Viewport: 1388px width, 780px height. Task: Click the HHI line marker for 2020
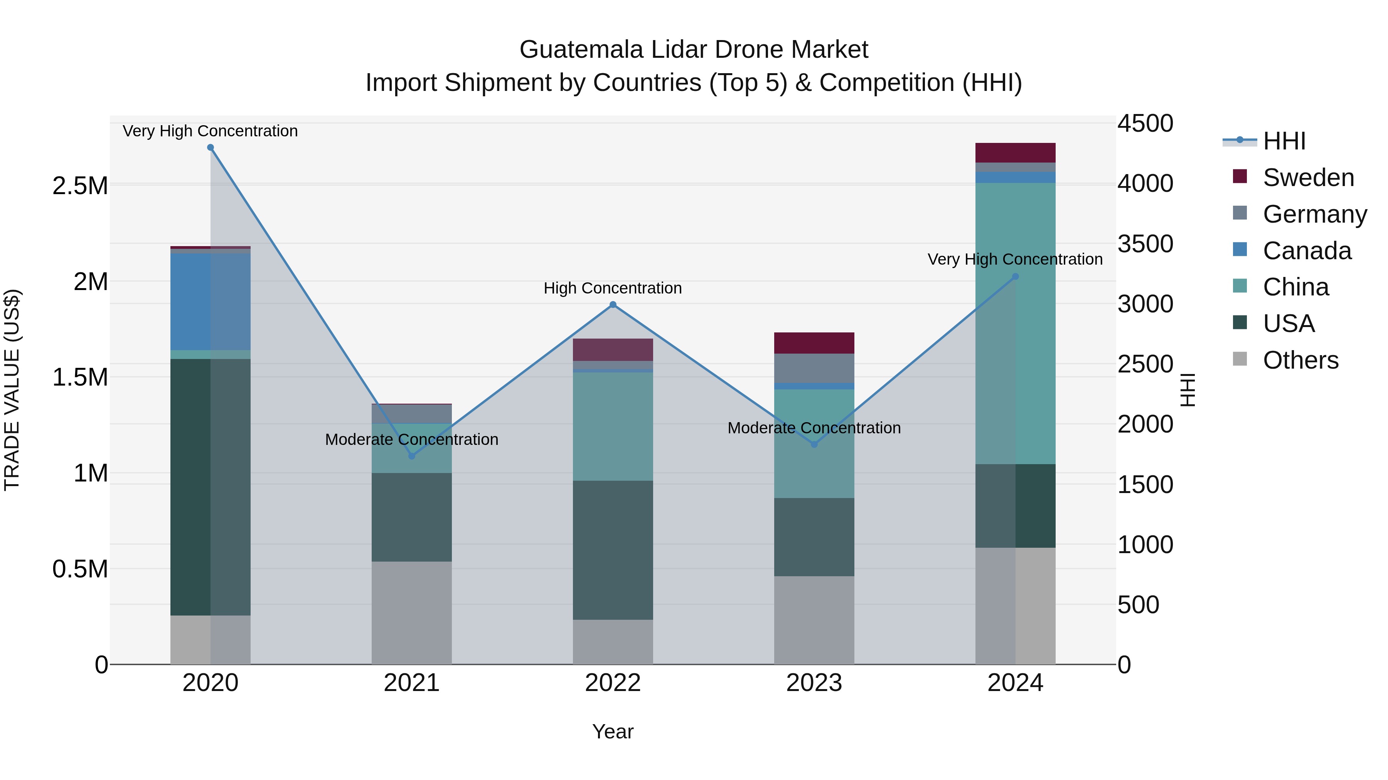tap(211, 148)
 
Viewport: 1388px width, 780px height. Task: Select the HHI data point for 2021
tap(412, 456)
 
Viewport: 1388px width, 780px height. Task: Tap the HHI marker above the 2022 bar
tap(613, 305)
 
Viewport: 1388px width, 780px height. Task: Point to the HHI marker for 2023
tap(814, 444)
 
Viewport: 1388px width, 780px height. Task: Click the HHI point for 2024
tap(1015, 277)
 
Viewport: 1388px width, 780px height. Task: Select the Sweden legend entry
tap(1308, 178)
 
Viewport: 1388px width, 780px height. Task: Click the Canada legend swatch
tap(1240, 250)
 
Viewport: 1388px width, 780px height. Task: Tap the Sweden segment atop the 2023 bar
tap(814, 343)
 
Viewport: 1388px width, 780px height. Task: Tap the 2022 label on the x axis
tap(613, 683)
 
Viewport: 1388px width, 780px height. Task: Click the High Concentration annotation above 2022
tap(613, 288)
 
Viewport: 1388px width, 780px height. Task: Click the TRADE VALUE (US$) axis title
tap(12, 390)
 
